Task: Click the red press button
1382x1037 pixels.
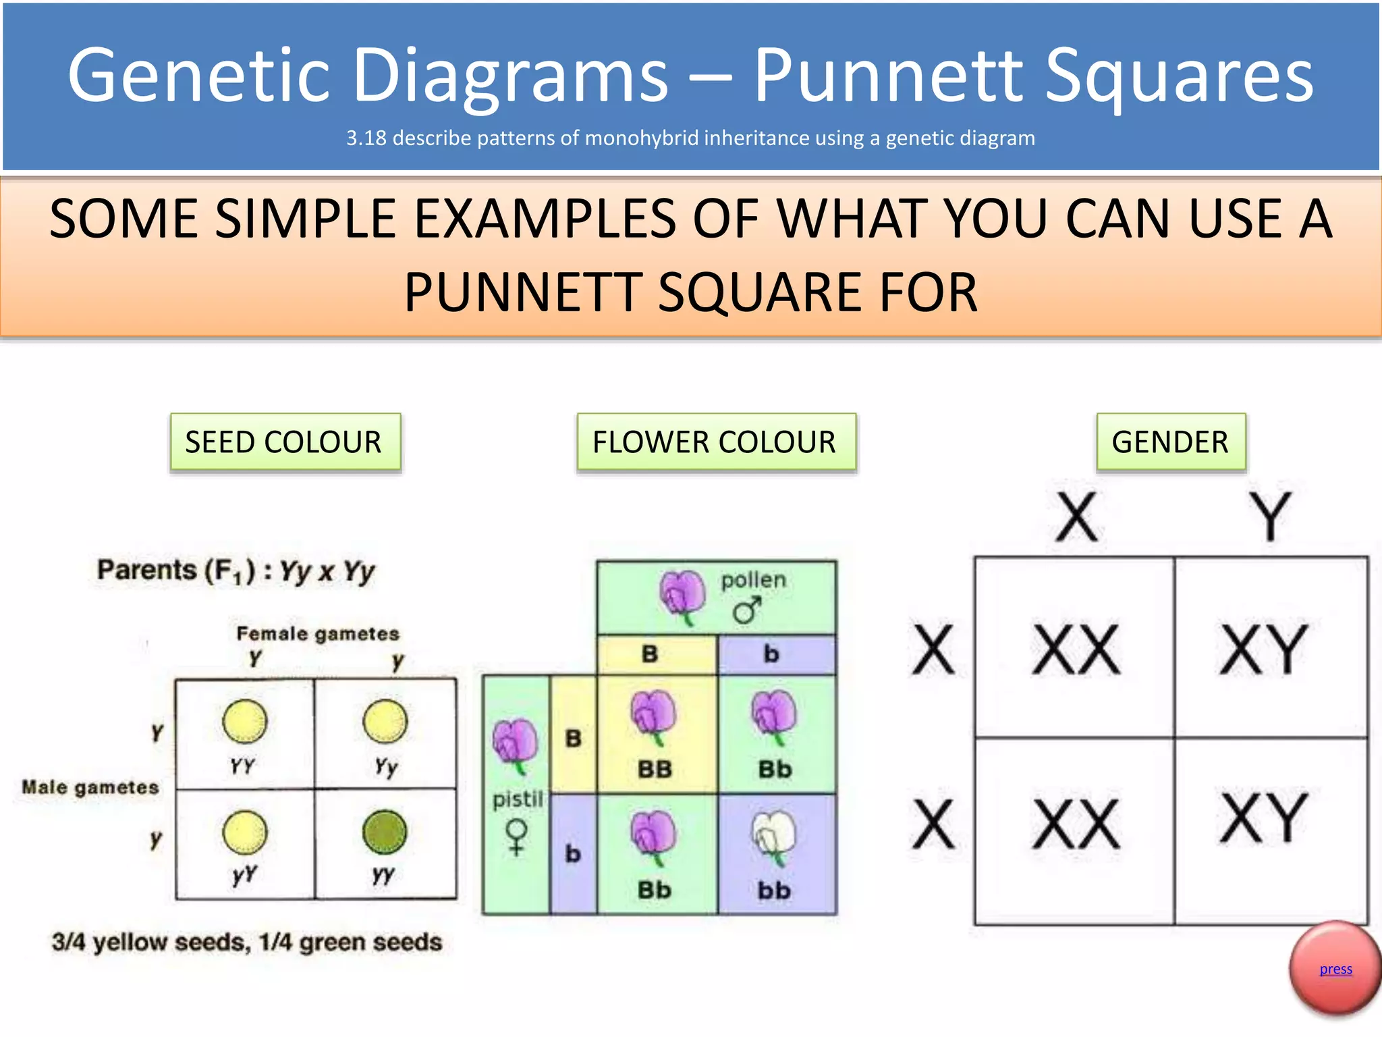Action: tap(1334, 969)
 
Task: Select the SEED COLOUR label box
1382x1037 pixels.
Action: tap(285, 442)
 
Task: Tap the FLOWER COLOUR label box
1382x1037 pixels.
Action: tap(715, 442)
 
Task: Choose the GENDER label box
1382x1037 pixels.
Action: tap(1170, 442)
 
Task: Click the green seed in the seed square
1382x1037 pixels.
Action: tap(385, 832)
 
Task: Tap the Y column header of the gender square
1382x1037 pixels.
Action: tap(1269, 516)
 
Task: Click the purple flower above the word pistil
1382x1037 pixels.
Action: tap(516, 745)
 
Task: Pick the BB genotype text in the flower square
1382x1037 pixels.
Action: tap(655, 769)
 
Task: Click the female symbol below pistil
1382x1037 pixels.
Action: tap(517, 837)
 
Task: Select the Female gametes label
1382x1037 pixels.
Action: tap(318, 633)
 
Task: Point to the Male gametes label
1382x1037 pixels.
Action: tap(90, 787)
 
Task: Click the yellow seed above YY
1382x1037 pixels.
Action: tap(244, 721)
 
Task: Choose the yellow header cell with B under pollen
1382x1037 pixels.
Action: tap(650, 654)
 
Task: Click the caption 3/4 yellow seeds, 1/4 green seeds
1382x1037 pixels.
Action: tap(247, 942)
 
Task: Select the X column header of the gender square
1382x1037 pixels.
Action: tap(1076, 516)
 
